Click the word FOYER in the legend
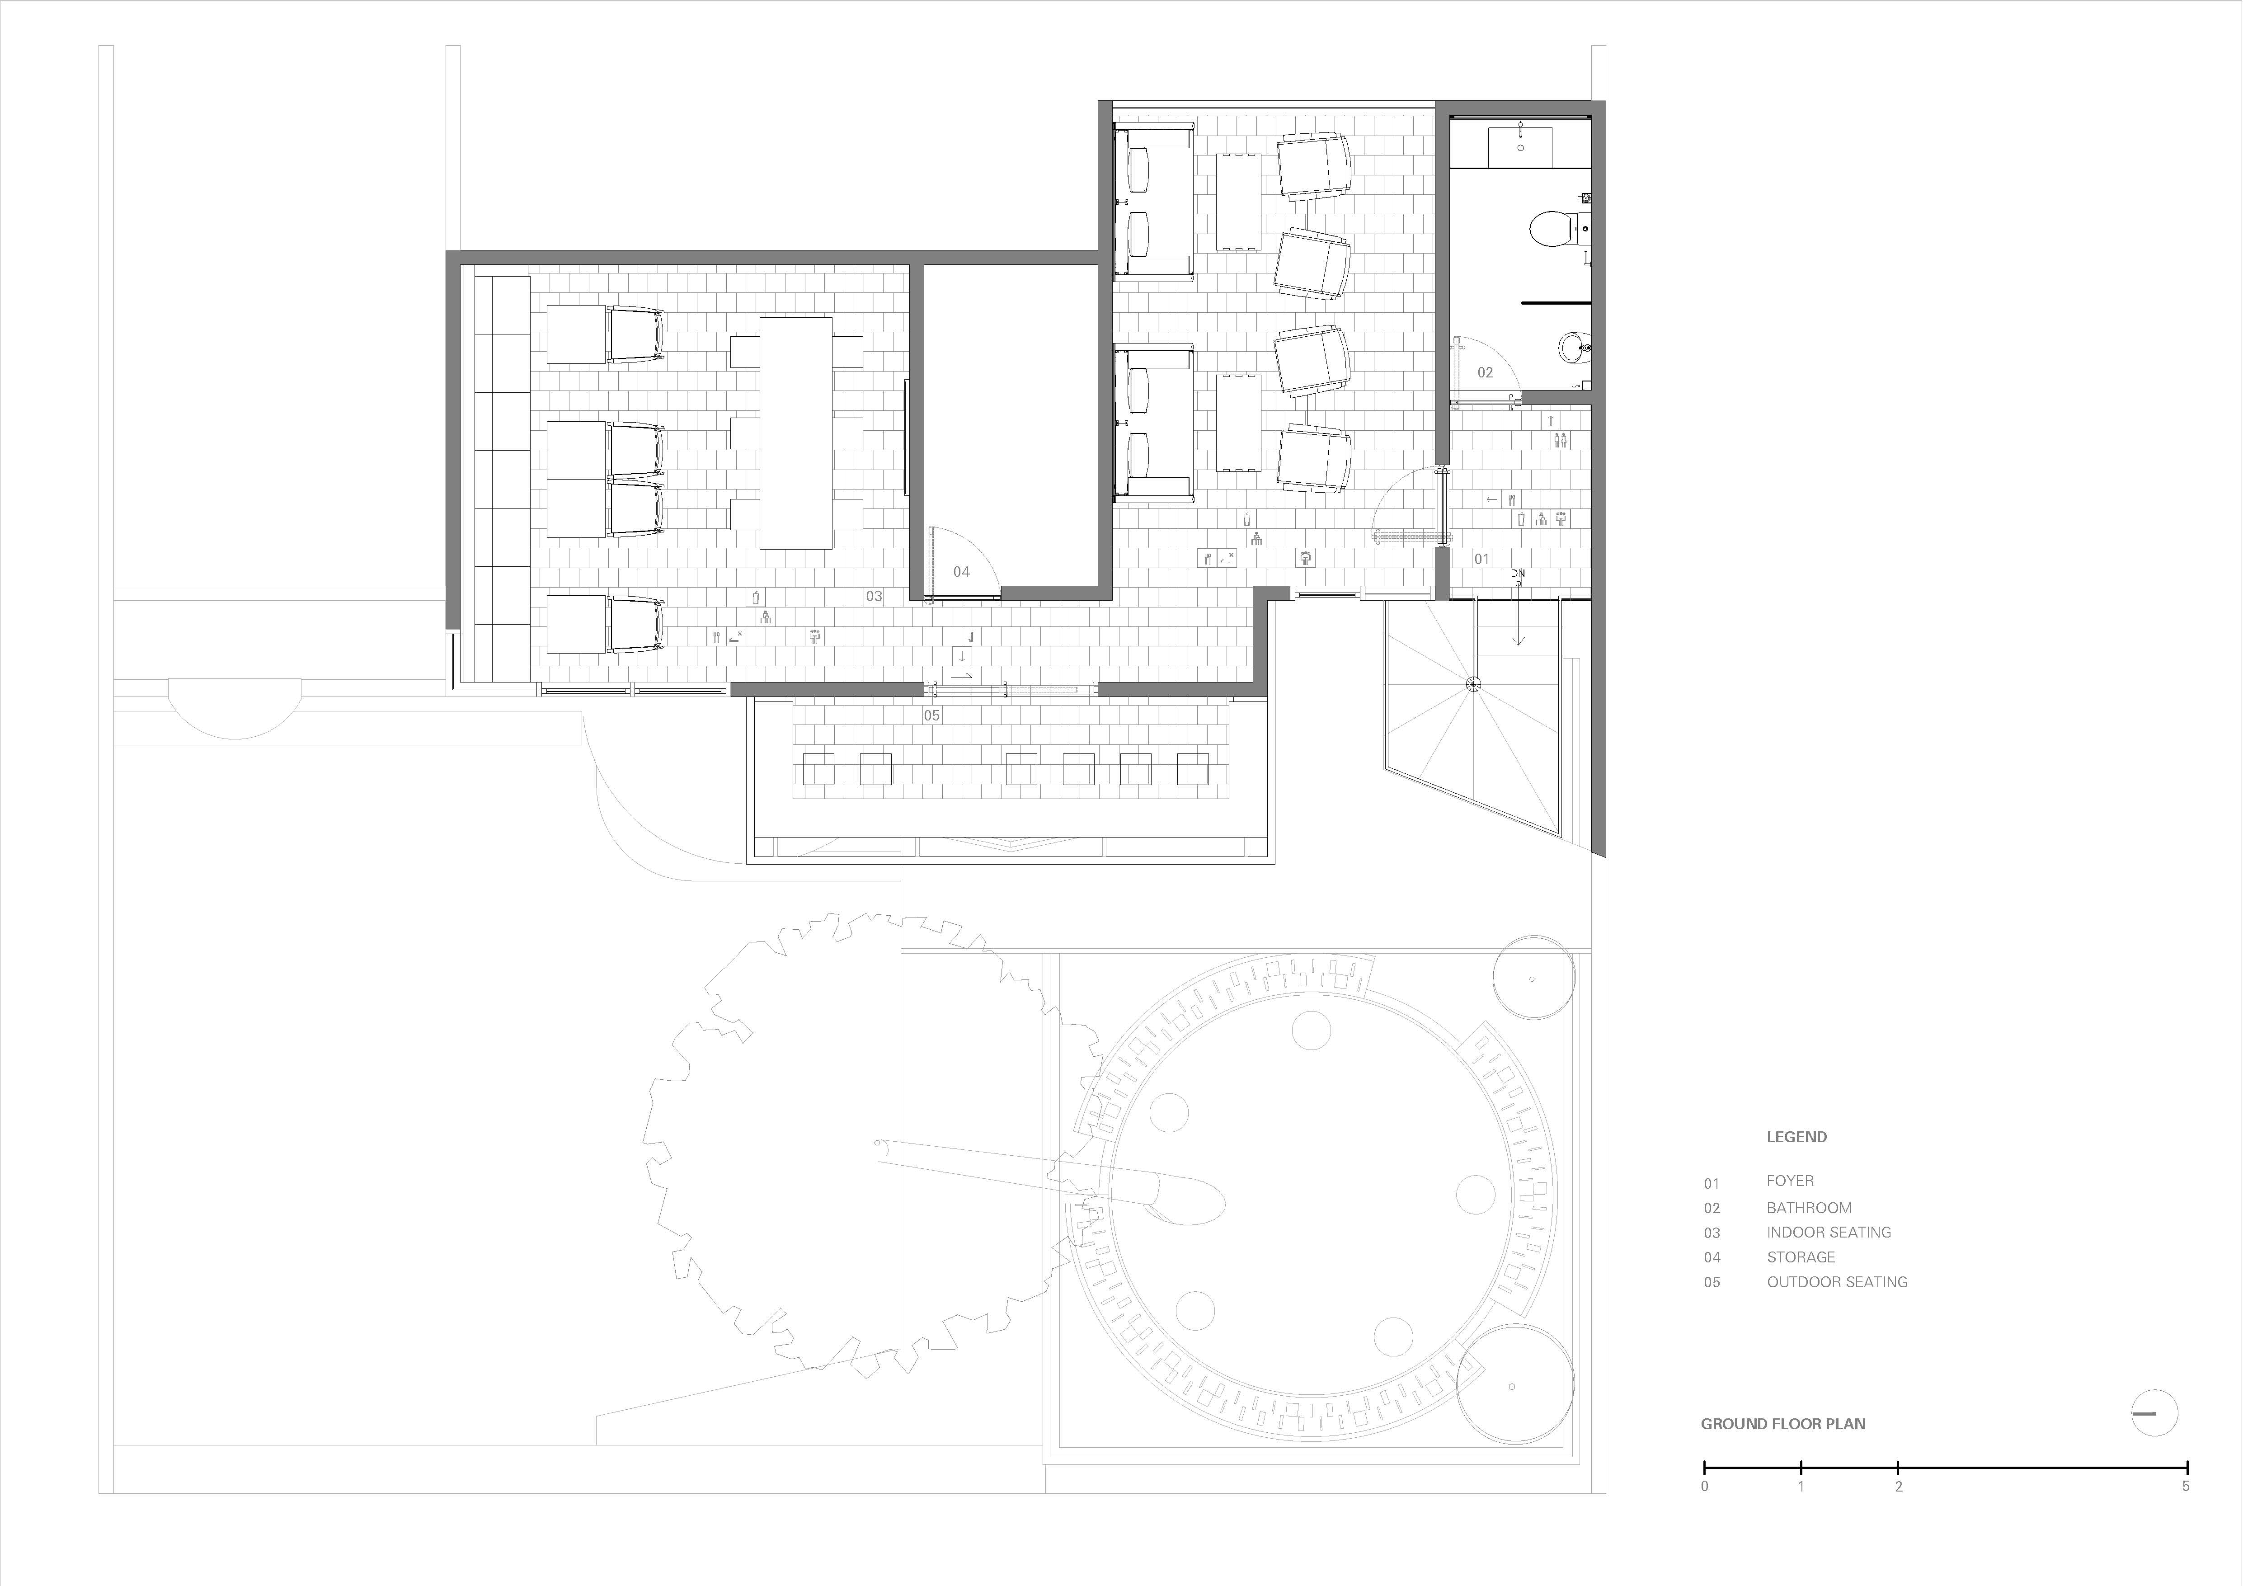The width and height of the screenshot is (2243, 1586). (1790, 1181)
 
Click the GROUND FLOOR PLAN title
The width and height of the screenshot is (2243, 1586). (1783, 1424)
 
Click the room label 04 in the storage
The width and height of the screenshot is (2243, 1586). (961, 572)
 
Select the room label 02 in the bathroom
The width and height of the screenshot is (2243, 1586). (1485, 372)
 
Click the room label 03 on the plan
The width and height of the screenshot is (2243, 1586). (873, 596)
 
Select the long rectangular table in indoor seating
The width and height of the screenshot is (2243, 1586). (796, 433)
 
